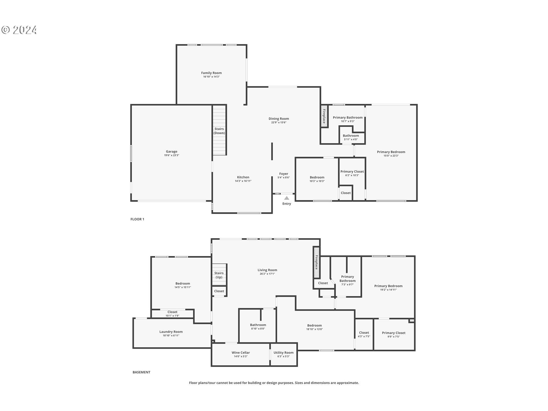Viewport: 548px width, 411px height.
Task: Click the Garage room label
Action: (172, 152)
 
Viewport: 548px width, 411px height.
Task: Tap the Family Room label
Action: (211, 73)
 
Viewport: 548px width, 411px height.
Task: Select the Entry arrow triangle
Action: (287, 198)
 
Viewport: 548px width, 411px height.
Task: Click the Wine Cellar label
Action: (241, 352)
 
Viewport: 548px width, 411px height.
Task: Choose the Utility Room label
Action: (283, 352)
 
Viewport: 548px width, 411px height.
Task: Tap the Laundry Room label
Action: (171, 332)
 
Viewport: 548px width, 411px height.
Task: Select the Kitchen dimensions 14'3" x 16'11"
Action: (243, 181)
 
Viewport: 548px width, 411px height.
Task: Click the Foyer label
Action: (284, 174)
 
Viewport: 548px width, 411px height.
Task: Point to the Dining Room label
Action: (279, 118)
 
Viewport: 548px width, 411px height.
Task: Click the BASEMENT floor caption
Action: (141, 372)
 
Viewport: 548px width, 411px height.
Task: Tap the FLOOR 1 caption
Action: (137, 219)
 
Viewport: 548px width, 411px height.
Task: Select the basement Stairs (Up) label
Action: (219, 275)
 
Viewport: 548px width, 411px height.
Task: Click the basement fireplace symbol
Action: (316, 263)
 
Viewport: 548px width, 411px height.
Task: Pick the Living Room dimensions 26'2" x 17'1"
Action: (267, 274)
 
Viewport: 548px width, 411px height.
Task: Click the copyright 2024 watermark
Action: (19, 30)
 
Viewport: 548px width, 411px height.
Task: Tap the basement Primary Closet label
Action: (394, 333)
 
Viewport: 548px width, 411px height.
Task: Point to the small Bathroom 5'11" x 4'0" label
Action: (351, 136)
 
